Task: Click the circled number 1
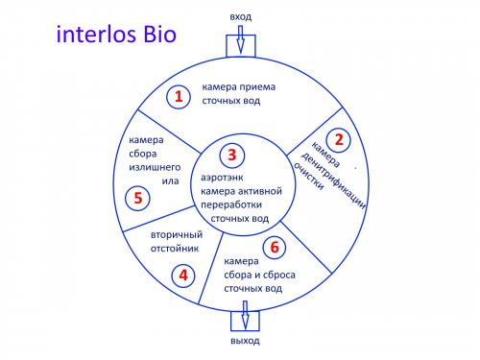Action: (x=179, y=96)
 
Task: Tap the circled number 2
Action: (x=338, y=140)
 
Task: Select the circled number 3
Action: (x=232, y=156)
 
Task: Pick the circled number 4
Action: (x=183, y=276)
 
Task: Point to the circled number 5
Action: (x=137, y=198)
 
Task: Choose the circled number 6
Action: (x=275, y=247)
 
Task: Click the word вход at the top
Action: (x=241, y=17)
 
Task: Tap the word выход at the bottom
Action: (x=245, y=341)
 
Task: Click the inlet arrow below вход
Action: (x=240, y=39)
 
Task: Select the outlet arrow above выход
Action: (x=245, y=315)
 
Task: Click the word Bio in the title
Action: (x=159, y=34)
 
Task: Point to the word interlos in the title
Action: (x=97, y=34)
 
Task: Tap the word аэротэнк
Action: (x=222, y=178)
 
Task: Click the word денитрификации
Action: (x=333, y=181)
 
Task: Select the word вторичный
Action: (x=177, y=234)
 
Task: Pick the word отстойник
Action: (x=175, y=249)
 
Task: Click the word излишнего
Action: (x=155, y=167)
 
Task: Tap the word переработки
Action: (x=231, y=204)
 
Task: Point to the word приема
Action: (x=257, y=87)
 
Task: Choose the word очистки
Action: (x=308, y=177)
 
